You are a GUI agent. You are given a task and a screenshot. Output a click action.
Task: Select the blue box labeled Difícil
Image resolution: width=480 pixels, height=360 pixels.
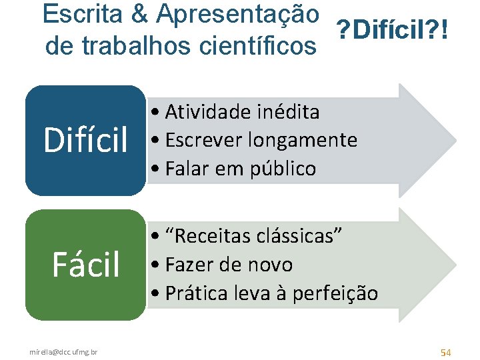[85, 141]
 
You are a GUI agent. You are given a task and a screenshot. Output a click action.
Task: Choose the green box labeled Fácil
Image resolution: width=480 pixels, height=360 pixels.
[85, 265]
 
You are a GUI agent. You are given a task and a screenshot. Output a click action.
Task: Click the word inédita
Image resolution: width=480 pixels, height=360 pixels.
[288, 111]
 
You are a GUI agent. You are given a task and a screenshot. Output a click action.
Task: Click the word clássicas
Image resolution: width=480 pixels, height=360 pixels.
[299, 235]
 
